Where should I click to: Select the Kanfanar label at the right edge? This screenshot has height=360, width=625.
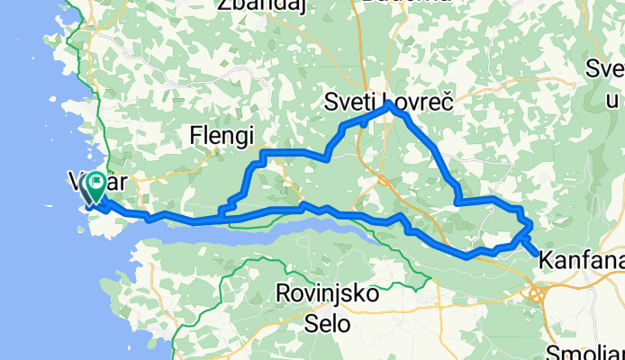[x=582, y=261]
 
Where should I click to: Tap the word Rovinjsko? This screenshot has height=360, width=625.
[x=327, y=293]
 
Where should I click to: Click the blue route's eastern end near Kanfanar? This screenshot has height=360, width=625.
[x=539, y=256]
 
